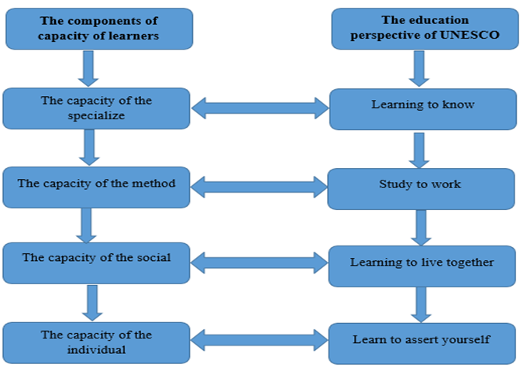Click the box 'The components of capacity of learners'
click(x=99, y=29)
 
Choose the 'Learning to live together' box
click(x=422, y=264)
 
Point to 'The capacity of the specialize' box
click(x=96, y=108)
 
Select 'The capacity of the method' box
click(x=96, y=186)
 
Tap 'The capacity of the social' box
click(x=96, y=263)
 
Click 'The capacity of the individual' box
click(x=96, y=342)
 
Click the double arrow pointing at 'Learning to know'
click(x=260, y=108)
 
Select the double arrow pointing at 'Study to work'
click(x=260, y=187)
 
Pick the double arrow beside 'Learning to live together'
click(x=260, y=263)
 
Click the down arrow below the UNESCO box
click(x=418, y=69)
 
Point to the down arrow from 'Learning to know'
click(x=419, y=149)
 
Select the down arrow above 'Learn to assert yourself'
click(x=421, y=304)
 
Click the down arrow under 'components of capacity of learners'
click(x=88, y=68)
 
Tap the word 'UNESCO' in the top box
click(x=469, y=36)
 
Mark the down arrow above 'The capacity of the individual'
click(x=93, y=302)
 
